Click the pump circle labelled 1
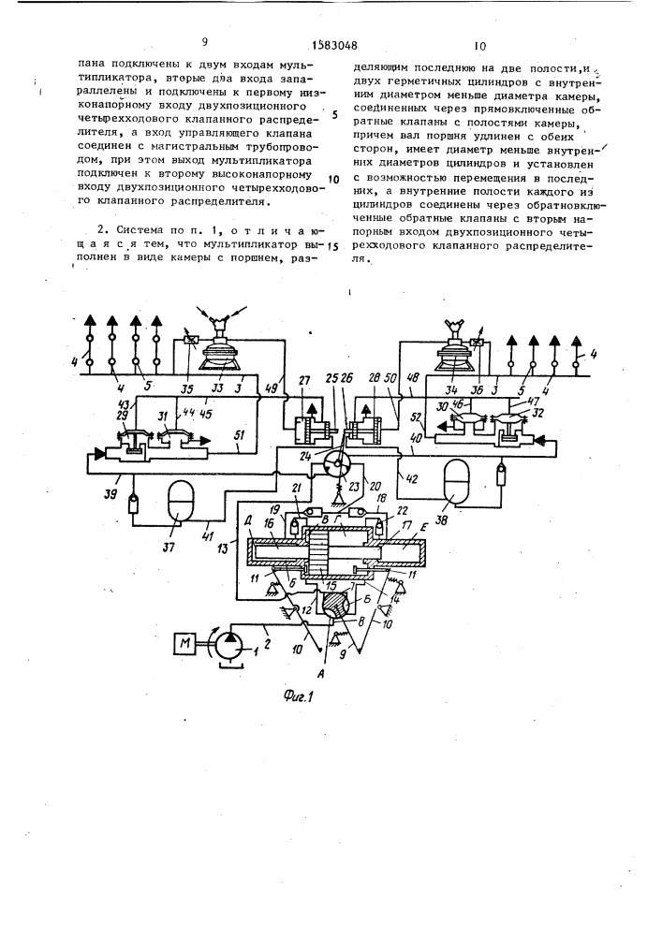tap(228, 644)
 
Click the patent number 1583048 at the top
tap(331, 45)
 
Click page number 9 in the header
tap(204, 42)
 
